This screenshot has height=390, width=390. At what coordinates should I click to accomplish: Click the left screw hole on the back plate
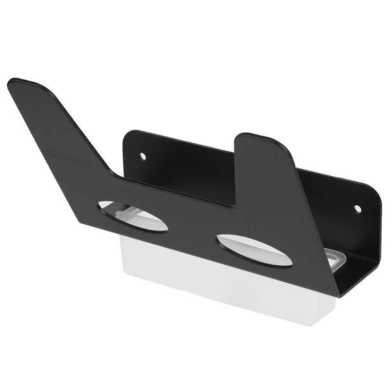coord(142,156)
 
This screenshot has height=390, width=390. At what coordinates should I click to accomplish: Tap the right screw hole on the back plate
coord(357,209)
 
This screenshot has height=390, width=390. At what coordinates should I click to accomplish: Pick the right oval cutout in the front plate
coord(254,251)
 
